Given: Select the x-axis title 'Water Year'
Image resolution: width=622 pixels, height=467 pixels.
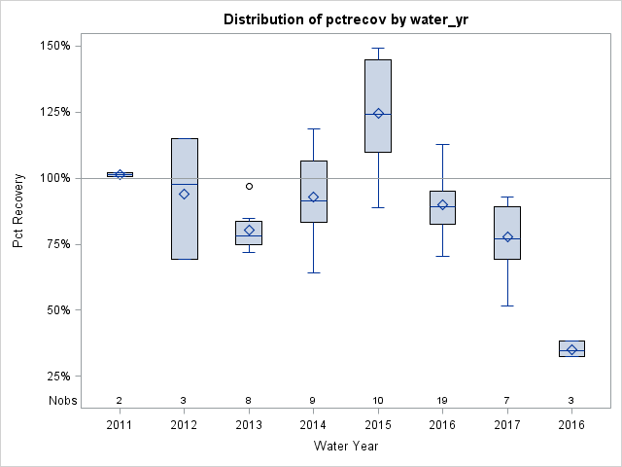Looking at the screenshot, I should click(345, 446).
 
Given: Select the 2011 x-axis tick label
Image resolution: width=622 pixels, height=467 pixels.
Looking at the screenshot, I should click(120, 425).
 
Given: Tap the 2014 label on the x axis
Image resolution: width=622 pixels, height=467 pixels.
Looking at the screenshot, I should click(313, 425).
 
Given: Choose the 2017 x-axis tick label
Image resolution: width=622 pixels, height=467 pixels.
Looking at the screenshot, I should click(507, 425).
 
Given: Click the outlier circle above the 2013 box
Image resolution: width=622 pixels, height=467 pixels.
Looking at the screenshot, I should click(249, 186).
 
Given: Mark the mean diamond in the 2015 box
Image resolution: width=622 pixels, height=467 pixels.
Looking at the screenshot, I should click(378, 114).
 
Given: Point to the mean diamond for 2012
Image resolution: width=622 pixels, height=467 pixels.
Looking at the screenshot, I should click(184, 194).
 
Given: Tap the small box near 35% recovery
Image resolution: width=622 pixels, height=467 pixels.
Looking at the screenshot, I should click(571, 348).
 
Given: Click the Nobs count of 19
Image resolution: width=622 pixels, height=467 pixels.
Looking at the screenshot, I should click(442, 400).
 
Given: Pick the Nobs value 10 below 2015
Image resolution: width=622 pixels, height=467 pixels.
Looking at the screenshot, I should click(378, 400).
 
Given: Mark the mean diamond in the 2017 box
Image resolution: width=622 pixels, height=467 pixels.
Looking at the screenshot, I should click(507, 237).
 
